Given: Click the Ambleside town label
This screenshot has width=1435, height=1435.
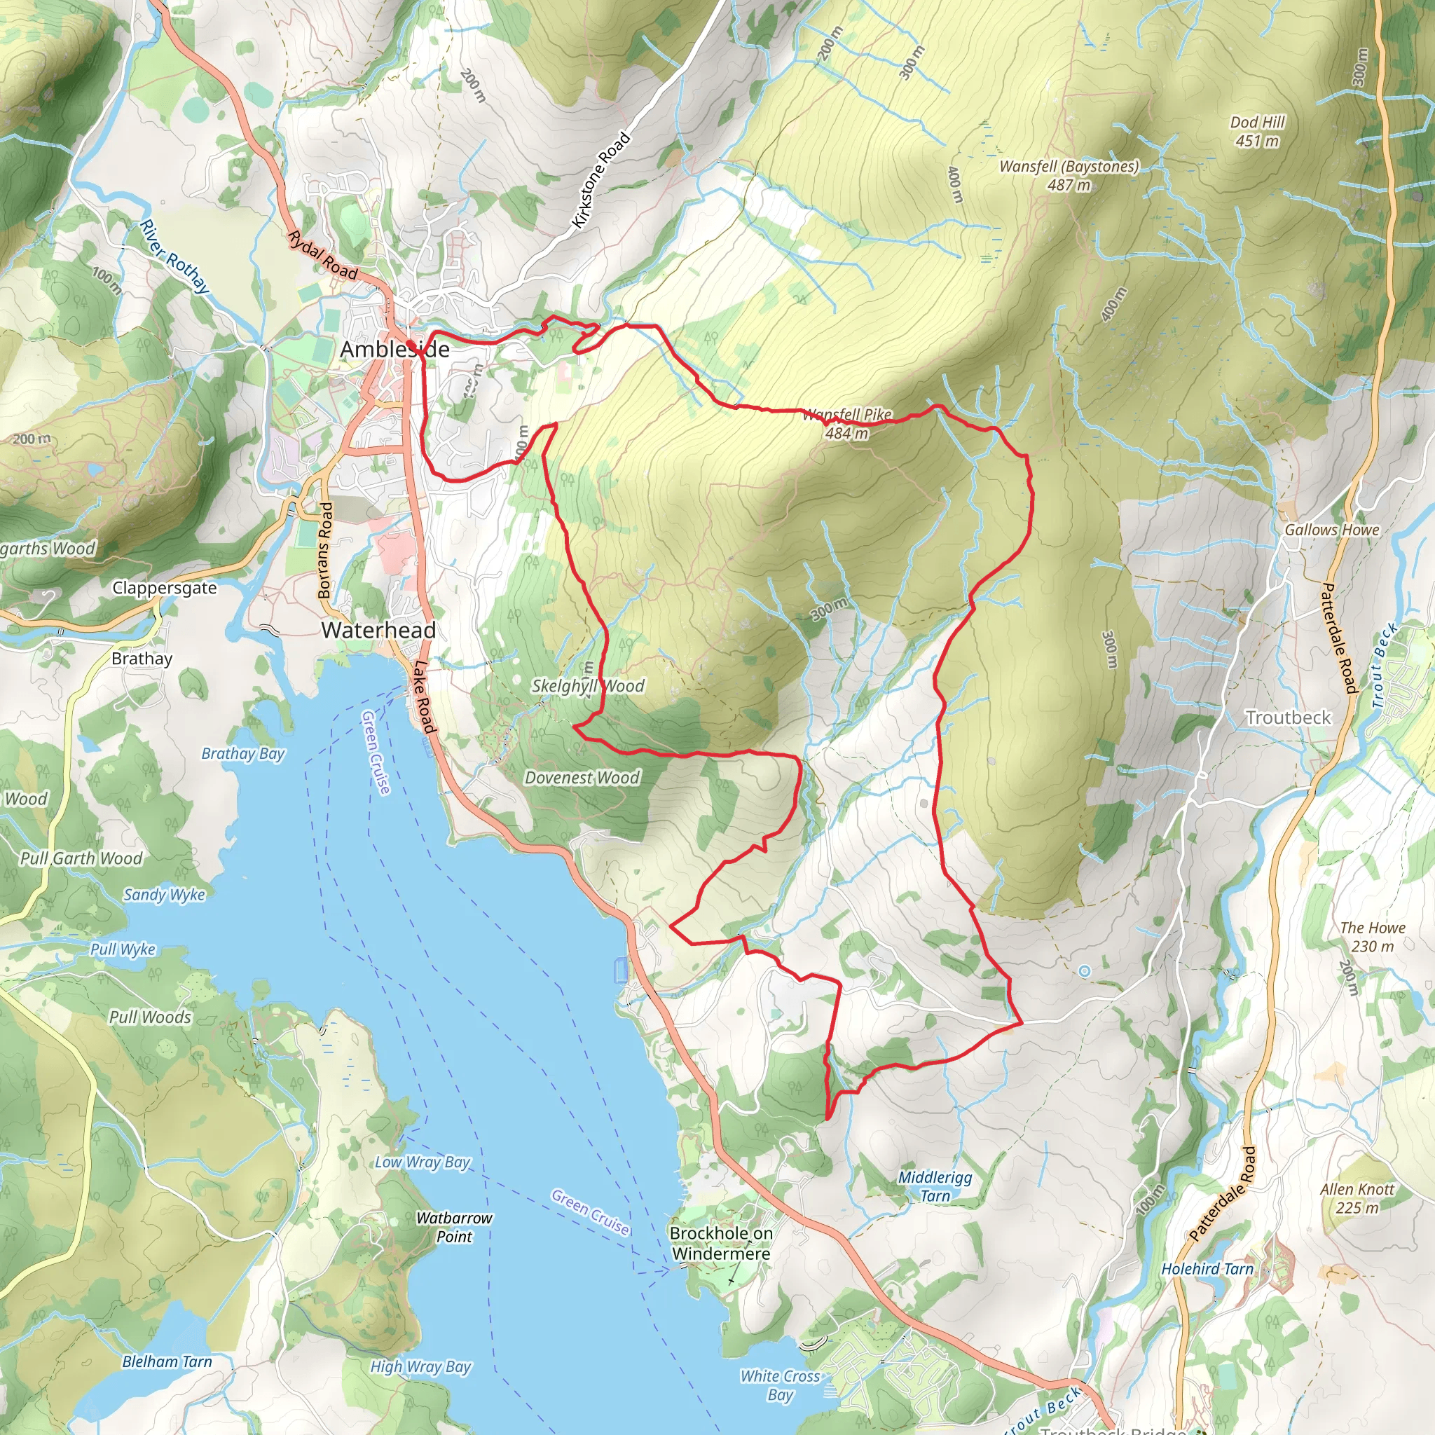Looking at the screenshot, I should point(394,350).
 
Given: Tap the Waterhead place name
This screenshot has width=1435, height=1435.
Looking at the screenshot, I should point(378,630).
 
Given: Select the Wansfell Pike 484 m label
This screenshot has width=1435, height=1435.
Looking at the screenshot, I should point(846,424).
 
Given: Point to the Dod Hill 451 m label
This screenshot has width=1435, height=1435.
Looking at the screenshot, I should point(1257,132).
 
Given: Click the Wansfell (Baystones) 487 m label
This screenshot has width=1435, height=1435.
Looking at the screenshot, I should point(1068,175).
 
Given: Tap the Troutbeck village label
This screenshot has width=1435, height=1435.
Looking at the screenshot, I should point(1288,717).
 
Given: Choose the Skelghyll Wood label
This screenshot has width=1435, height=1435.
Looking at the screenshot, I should point(587,685).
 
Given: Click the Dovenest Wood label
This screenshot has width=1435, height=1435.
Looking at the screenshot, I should point(582,778).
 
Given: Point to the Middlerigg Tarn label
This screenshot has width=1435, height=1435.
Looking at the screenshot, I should point(935,1186).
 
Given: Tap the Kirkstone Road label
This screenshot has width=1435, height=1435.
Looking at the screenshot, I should point(601,181).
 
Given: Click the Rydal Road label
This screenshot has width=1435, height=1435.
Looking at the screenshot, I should point(322,256).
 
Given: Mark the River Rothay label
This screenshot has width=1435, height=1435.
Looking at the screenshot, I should point(174,256).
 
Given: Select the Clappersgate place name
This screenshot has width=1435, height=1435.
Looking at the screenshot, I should point(164,587).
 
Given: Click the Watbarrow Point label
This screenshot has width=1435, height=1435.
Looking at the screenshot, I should point(454,1227).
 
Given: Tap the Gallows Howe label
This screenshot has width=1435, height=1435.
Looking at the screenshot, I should point(1332,530).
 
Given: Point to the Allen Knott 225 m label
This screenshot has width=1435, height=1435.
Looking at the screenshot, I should point(1357,1198).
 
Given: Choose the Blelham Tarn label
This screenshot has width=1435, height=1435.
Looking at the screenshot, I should point(167,1361).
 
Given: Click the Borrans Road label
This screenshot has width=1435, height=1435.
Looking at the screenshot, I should point(324,550).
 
